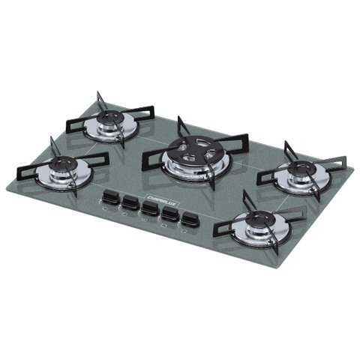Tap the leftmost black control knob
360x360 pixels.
[x=111, y=197]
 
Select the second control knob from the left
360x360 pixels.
[x=130, y=203]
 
